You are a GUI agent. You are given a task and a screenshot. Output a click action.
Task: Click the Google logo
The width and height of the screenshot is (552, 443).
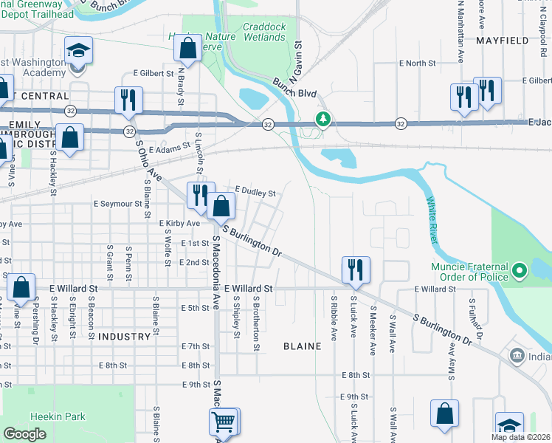[24, 434]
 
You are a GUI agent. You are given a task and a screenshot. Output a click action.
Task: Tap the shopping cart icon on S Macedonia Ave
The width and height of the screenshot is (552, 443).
[224, 422]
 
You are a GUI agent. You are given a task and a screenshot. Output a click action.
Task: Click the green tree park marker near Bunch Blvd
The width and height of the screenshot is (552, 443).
[322, 119]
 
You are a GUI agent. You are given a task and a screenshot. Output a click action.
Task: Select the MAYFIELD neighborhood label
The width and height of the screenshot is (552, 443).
[504, 41]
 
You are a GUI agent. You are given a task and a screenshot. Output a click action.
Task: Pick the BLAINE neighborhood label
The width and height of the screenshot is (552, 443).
[302, 346]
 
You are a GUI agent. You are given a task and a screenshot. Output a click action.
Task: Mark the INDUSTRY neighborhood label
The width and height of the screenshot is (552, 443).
[123, 336]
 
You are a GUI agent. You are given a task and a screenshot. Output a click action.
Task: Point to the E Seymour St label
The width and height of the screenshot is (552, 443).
[117, 203]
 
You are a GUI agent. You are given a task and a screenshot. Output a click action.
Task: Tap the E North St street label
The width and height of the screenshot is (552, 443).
[418, 63]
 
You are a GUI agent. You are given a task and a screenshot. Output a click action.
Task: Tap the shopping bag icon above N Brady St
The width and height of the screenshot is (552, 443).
[189, 47]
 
